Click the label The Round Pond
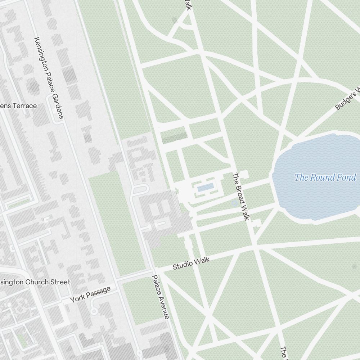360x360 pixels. (325, 177)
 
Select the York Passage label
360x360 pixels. (90, 294)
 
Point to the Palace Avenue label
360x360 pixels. (161, 297)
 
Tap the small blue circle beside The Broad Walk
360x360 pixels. (234, 203)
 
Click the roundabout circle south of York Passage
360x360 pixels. (94, 310)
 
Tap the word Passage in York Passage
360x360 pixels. (99, 292)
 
